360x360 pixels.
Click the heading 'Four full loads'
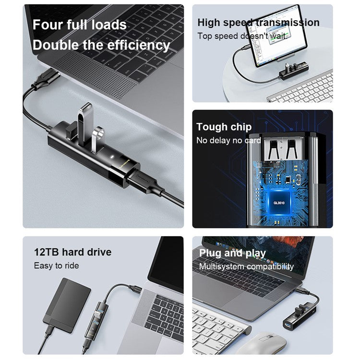(x=80, y=24)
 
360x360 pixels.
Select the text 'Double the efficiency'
(x=101, y=46)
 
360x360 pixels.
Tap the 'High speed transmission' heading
(x=258, y=22)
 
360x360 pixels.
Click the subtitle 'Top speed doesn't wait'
(x=242, y=36)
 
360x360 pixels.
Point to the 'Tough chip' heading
(x=224, y=127)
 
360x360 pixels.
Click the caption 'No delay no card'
(x=228, y=141)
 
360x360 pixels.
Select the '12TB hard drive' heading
(x=72, y=252)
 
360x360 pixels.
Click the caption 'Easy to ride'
(x=56, y=265)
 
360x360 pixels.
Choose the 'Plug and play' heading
(x=232, y=253)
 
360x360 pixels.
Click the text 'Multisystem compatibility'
(x=246, y=266)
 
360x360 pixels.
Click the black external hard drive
(x=67, y=305)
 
